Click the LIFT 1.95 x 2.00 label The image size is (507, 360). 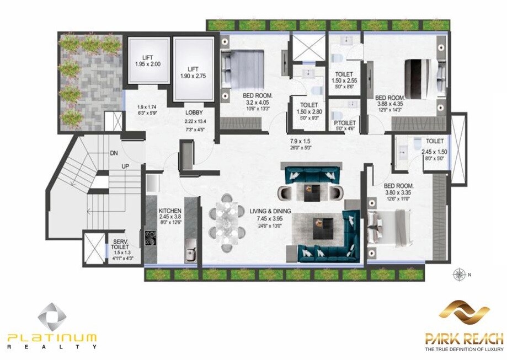point(147,61)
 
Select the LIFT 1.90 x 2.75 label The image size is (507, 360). point(193,73)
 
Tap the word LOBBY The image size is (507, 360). point(195,112)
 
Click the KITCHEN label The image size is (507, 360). point(170,211)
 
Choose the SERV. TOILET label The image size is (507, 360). point(121,245)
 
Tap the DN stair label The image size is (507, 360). point(113,153)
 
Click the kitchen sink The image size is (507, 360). point(190,254)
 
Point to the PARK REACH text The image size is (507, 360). point(464,337)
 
